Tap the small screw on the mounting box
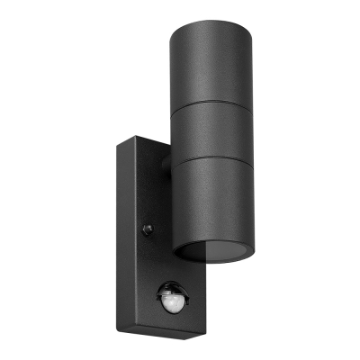pos(148,229)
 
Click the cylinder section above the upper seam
pos(212,63)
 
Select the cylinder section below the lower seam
pos(212,202)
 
